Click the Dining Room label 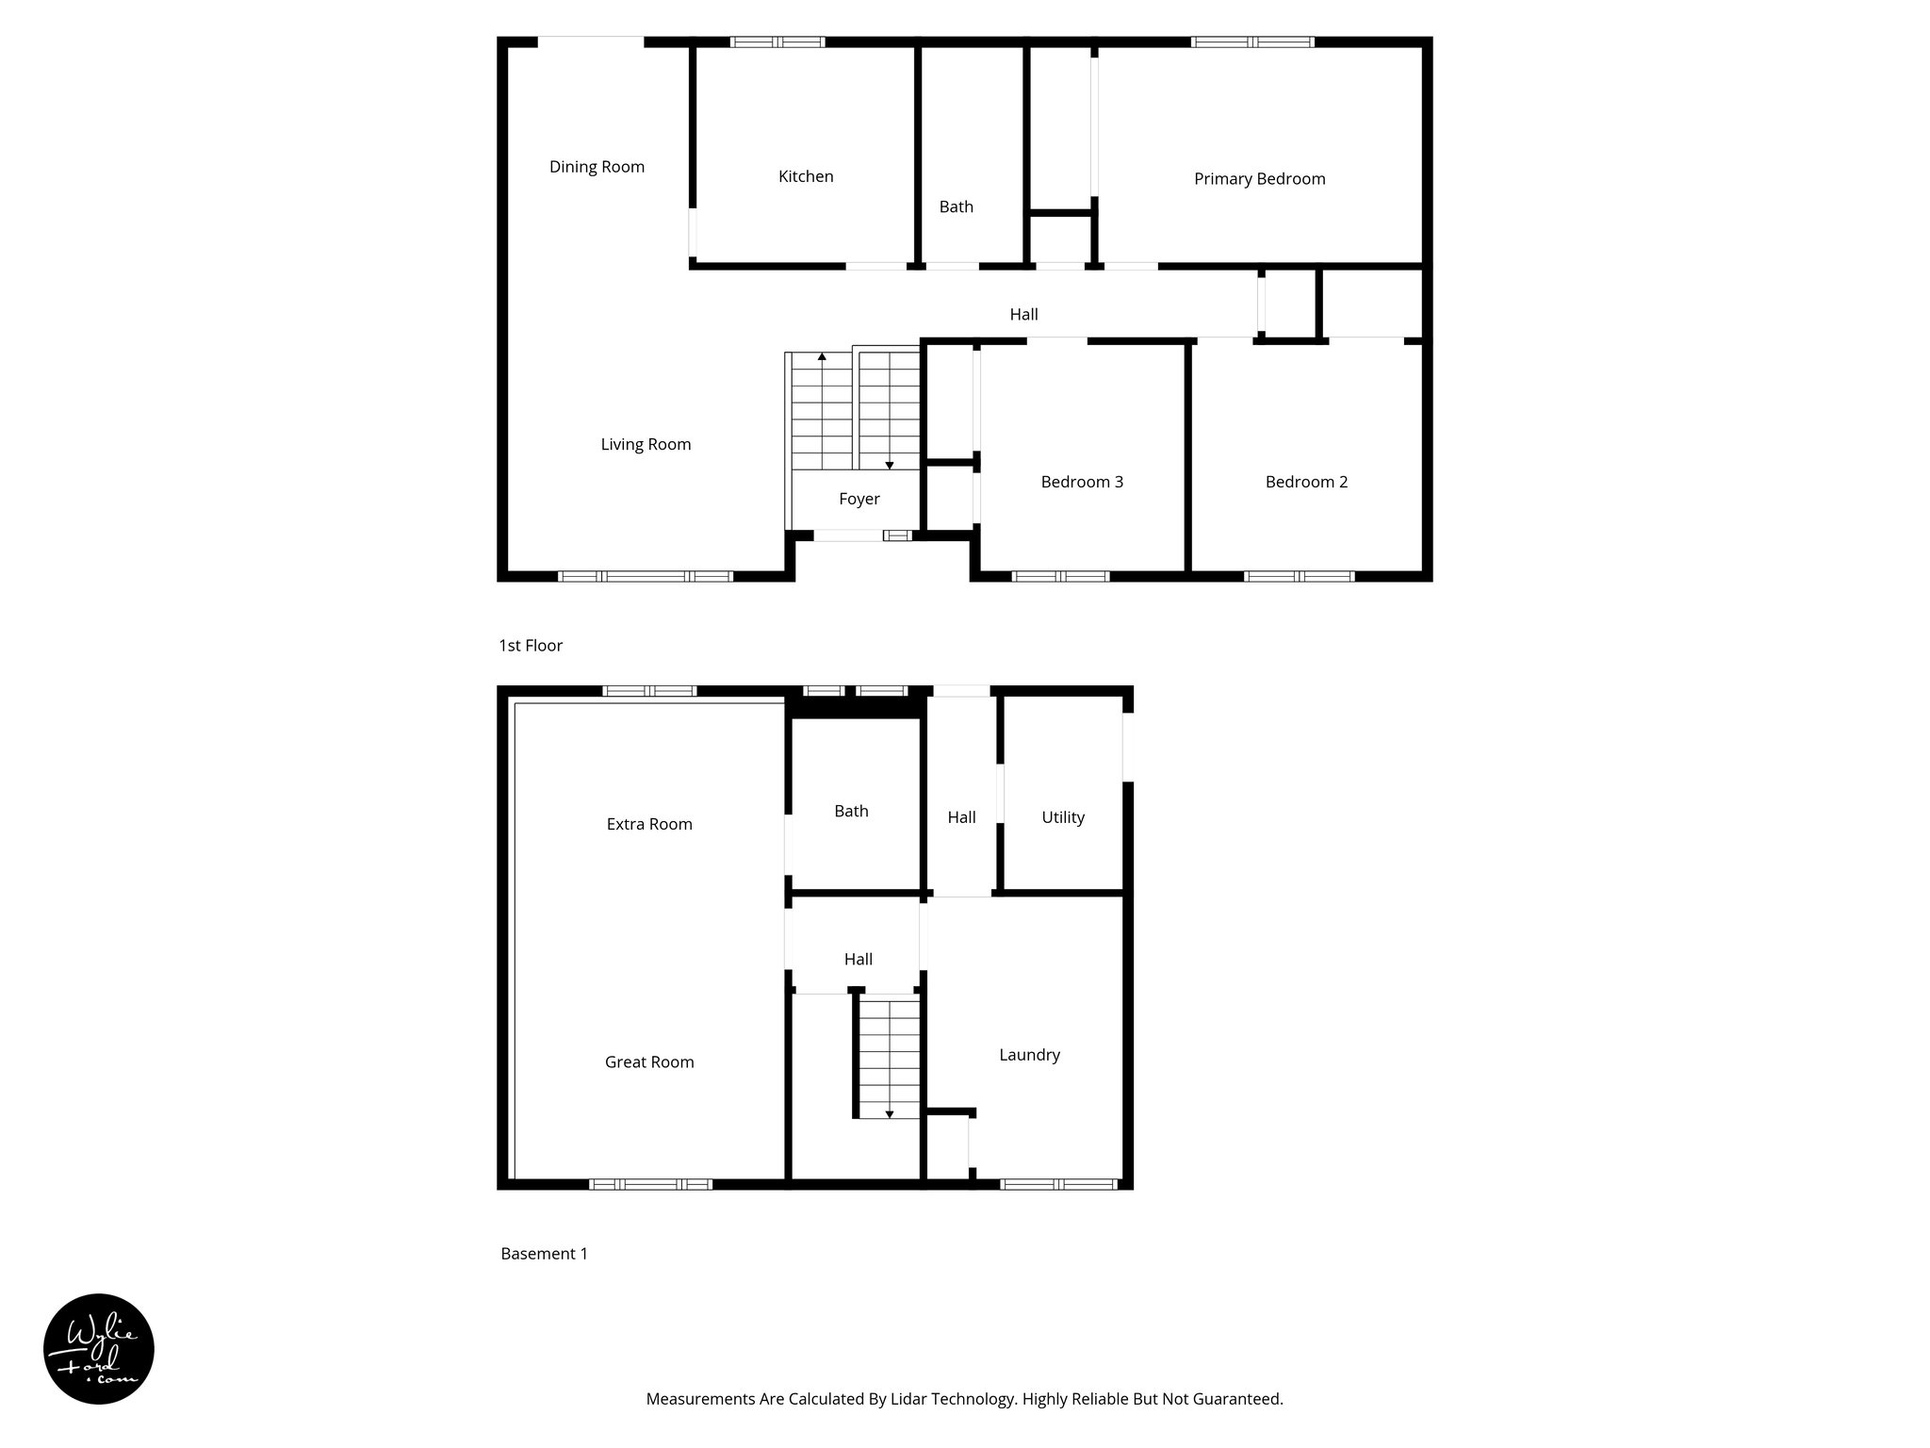597,167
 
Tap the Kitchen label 806,176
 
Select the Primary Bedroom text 1259,179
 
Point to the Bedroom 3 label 1082,482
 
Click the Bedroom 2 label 1306,482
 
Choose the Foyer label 859,499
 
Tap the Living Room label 646,444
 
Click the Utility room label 1063,817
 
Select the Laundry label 1029,1055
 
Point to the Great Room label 649,1061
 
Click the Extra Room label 649,824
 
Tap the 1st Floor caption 531,646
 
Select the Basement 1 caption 544,1254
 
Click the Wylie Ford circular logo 99,1349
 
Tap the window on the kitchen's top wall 777,41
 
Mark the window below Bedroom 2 1299,576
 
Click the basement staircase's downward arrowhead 889,1114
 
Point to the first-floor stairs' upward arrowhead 822,357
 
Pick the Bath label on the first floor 956,206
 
